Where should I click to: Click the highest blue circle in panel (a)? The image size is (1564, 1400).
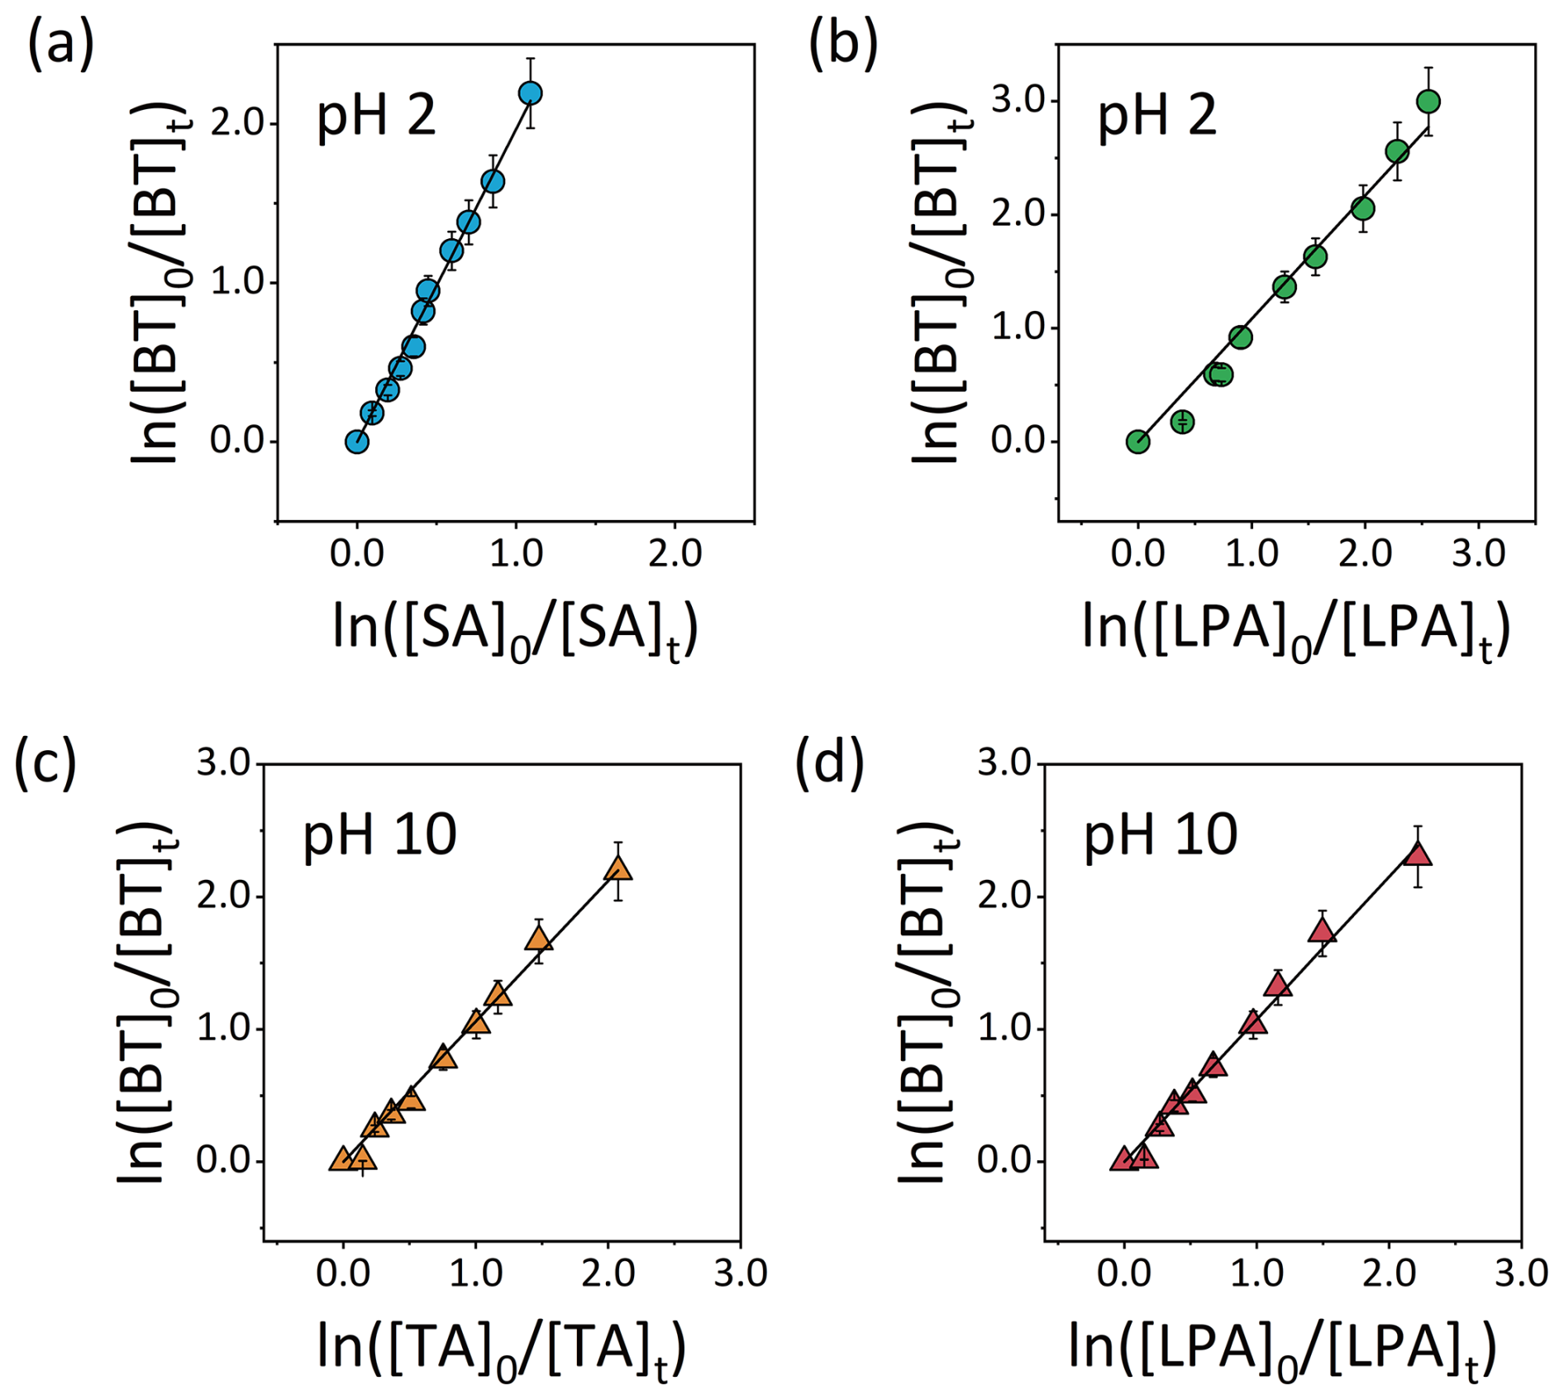point(530,93)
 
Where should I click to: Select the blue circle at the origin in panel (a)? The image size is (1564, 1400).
point(356,442)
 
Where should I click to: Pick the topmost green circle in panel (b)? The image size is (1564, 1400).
point(1428,102)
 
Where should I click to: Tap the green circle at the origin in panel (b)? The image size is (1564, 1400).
point(1137,442)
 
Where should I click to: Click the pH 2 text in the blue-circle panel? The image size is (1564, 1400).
point(376,115)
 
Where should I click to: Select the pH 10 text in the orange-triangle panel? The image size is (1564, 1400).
point(379,835)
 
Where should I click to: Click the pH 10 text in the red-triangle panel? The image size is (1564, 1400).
point(1161,835)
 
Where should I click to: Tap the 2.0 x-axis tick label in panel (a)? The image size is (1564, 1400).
point(675,553)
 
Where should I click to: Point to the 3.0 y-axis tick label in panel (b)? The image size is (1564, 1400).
point(1018,101)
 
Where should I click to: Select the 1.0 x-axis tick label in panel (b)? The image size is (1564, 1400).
point(1252,553)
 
